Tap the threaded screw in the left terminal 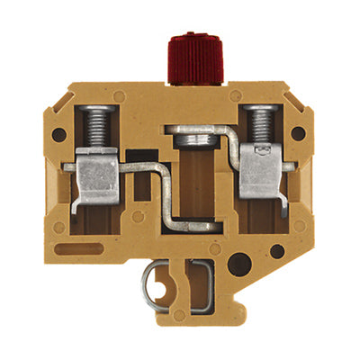point(98,123)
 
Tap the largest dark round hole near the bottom point(240,265)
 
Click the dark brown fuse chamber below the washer point(190,180)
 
